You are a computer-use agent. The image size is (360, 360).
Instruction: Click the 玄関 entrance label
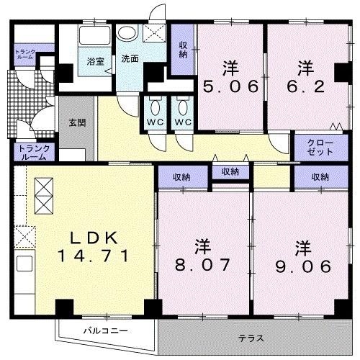coord(77,122)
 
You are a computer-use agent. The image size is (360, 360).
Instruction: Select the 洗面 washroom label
coord(130,58)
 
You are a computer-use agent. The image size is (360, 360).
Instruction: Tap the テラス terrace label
coord(251,337)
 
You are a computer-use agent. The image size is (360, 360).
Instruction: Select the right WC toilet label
coord(181,122)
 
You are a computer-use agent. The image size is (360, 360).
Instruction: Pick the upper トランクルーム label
coord(25,53)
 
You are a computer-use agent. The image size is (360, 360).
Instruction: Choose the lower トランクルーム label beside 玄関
coord(34,152)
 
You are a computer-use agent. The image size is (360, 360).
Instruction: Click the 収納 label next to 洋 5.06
coord(183,48)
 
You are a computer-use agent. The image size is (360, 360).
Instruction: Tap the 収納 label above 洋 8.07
coord(181,176)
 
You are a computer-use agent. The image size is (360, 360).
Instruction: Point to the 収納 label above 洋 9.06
coord(320,176)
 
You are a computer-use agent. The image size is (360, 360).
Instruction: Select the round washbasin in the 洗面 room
coord(127,32)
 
